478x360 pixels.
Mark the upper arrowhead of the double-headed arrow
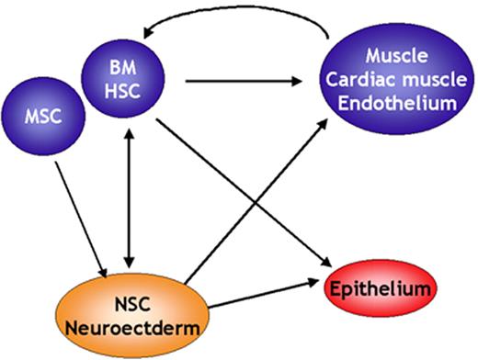129,130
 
